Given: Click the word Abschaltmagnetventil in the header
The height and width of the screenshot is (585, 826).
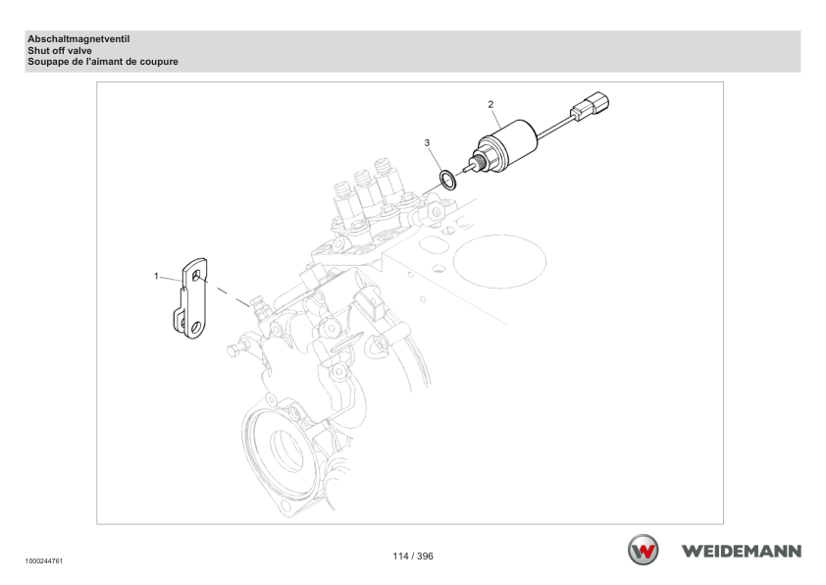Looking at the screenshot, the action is coord(78,39).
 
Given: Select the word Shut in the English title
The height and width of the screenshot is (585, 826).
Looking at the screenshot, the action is coord(37,51).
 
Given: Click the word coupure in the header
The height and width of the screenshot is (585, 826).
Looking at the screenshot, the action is coord(159,62).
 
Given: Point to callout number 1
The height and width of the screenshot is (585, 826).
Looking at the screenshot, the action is coord(156,276).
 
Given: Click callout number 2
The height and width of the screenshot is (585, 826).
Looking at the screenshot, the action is coord(490,104).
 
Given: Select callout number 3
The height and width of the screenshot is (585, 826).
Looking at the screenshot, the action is coord(427,143).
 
